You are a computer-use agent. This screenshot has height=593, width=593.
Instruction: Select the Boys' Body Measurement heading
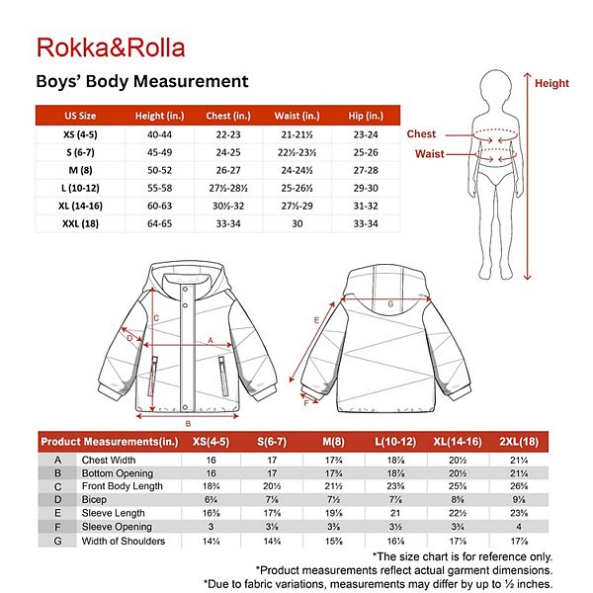(x=141, y=81)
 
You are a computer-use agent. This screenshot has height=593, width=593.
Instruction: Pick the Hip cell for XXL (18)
(x=365, y=224)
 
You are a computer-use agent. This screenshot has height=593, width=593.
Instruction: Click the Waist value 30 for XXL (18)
(x=296, y=224)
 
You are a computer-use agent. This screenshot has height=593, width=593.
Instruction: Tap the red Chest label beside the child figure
(x=421, y=134)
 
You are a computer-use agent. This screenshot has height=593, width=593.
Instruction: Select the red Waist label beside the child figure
(x=428, y=154)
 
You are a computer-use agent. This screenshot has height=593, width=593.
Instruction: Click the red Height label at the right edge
(x=551, y=84)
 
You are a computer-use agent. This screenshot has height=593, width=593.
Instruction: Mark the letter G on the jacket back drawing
(x=390, y=304)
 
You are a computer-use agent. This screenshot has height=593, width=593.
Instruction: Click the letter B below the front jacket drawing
(x=188, y=422)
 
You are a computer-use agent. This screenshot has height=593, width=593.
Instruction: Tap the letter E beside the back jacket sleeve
(x=316, y=320)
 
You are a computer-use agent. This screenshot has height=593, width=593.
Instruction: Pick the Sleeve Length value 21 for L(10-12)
(x=396, y=514)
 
